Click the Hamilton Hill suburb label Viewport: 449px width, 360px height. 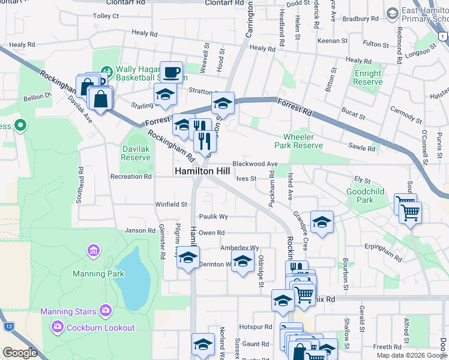(x=201, y=171)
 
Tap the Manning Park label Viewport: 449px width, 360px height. (x=98, y=274)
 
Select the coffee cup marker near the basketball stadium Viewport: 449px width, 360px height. (x=171, y=73)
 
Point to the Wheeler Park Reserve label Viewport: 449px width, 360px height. (x=298, y=141)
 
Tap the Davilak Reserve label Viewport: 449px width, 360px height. (x=136, y=153)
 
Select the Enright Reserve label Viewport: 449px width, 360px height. (x=368, y=77)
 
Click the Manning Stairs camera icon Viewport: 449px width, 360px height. (x=106, y=311)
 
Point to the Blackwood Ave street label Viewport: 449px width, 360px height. (x=255, y=164)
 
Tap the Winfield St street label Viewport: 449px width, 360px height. (x=172, y=205)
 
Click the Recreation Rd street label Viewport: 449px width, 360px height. (x=131, y=177)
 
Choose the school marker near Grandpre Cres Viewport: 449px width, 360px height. (x=322, y=222)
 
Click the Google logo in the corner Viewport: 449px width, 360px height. (x=20, y=353)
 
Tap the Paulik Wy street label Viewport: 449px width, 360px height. (x=214, y=217)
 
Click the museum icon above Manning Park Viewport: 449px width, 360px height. (x=93, y=250)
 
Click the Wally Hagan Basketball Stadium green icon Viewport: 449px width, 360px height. (x=106, y=71)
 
